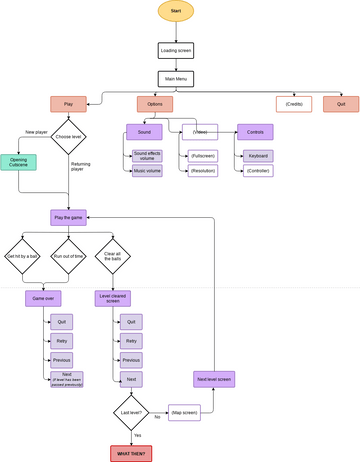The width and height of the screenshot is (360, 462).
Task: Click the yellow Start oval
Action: pos(176,11)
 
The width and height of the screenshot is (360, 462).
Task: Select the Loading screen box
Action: pos(176,50)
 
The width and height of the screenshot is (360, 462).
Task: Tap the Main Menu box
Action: pos(176,78)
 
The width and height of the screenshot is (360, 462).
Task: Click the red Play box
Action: pos(68,104)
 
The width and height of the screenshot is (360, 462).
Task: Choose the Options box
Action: pos(154,104)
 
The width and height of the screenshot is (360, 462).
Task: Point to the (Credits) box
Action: pos(294,104)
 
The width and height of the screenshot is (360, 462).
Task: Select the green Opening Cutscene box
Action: pos(19,162)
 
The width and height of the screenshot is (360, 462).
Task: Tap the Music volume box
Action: pos(147,171)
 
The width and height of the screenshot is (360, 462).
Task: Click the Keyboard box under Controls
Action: pos(257,156)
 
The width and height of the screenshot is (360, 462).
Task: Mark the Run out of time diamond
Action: pos(68,256)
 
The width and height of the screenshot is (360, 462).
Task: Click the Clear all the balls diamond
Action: pos(113,256)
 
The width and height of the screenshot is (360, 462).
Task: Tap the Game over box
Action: pos(42,298)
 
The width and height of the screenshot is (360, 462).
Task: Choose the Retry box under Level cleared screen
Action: pos(131,341)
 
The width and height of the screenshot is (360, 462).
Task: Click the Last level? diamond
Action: pos(131,412)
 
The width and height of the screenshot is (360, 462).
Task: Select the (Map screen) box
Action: pos(184,412)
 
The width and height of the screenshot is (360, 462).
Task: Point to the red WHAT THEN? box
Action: pos(131,453)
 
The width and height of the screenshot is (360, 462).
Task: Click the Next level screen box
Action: pos(213,379)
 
